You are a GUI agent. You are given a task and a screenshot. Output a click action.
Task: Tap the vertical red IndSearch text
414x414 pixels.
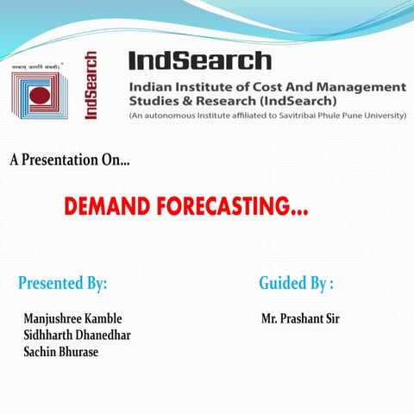pos(91,85)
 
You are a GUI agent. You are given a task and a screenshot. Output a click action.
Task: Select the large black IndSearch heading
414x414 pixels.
pos(199,60)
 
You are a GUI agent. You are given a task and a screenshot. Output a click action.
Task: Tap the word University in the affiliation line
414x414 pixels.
pos(382,115)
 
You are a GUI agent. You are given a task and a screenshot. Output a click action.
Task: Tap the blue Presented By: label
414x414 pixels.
pos(62,283)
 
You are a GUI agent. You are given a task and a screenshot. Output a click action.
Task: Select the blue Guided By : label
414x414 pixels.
pos(296,283)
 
